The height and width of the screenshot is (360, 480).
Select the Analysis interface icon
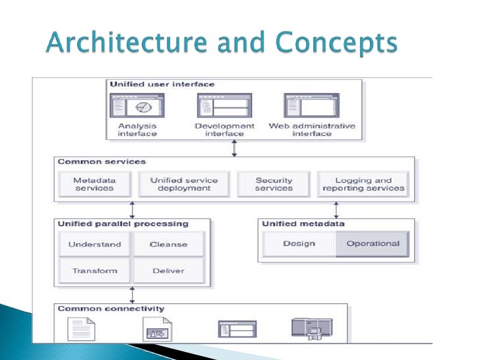pos(137,105)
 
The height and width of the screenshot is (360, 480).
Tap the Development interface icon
pos(224,105)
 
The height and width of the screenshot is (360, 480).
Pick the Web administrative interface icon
pos(311,105)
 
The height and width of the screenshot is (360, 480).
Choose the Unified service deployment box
pos(184,184)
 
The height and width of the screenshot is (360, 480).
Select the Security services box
pos(274,184)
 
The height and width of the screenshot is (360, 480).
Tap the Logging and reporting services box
pos(363,184)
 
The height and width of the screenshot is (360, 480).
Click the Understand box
pos(95,244)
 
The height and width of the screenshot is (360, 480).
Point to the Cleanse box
pos(168,244)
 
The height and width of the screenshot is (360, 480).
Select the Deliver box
pos(168,270)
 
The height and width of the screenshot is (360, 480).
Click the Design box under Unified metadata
pos(299,243)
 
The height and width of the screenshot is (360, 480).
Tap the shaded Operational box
pos(373,243)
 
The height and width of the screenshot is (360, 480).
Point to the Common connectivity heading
pos(111,309)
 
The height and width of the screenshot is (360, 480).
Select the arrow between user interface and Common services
pos(234,148)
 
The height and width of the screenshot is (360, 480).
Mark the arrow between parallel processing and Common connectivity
pos(132,295)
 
